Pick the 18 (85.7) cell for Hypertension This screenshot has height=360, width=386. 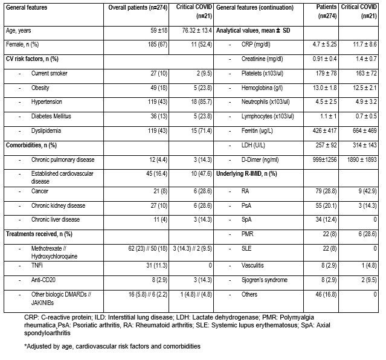[195, 101]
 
